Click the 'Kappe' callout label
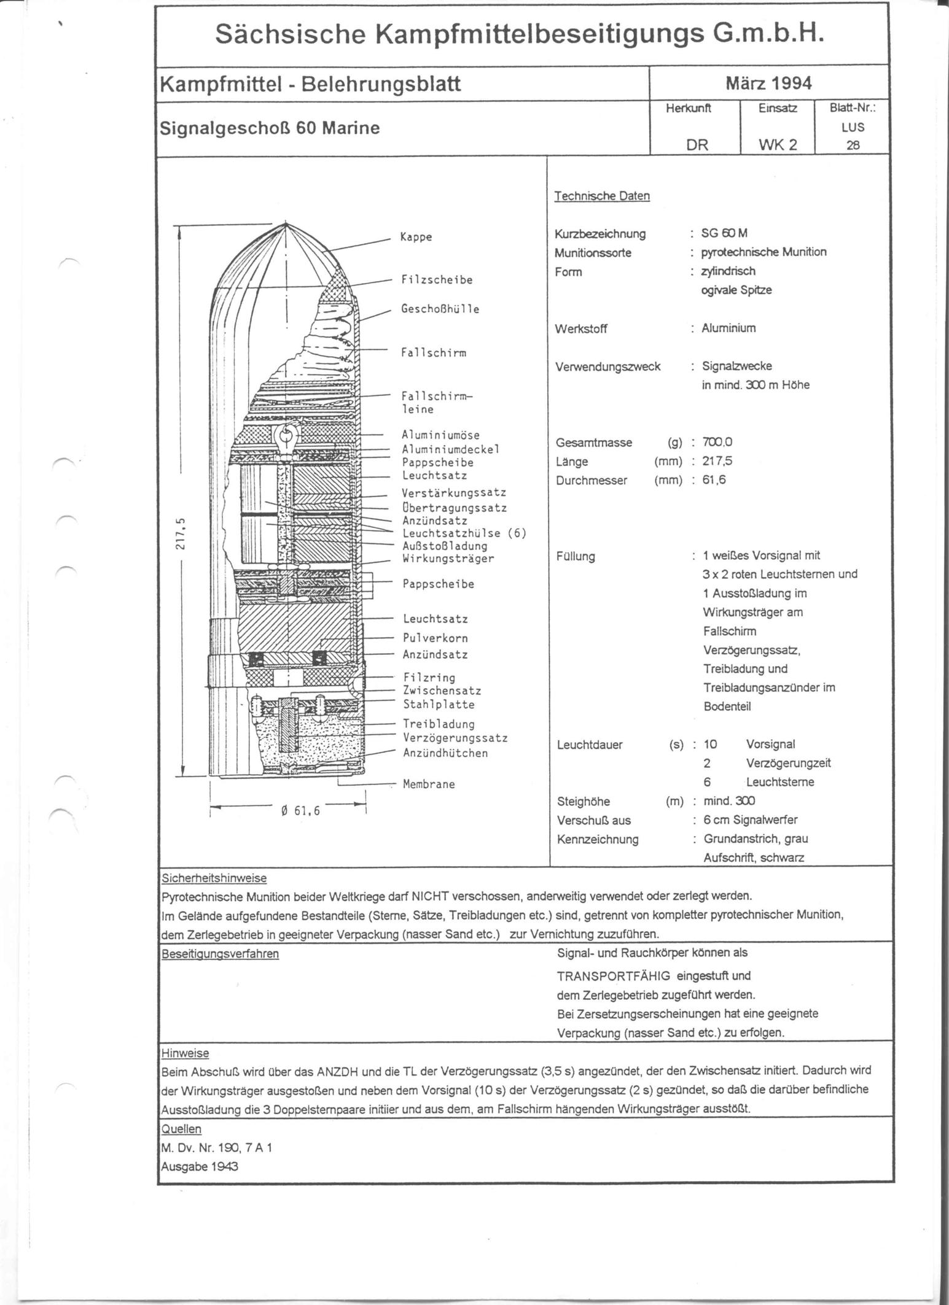416,237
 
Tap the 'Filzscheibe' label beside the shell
437,280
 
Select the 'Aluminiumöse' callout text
440,435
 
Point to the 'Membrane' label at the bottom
429,784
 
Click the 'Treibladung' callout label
439,724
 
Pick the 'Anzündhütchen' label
445,753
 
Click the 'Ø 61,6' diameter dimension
300,811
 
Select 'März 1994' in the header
768,83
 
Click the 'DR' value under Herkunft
697,145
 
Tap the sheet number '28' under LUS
853,145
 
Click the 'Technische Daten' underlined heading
601,196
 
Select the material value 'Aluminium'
728,328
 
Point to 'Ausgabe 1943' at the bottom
199,1166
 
